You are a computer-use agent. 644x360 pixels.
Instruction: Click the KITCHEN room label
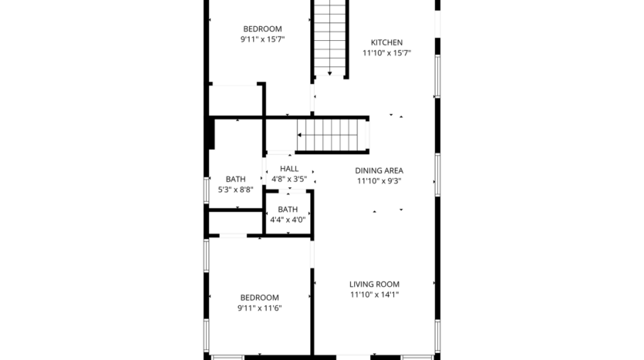(386, 42)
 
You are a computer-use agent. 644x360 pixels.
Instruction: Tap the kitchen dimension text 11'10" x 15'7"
(386, 53)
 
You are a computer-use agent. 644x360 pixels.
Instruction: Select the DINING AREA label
(379, 170)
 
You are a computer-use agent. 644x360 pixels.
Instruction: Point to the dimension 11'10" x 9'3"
(379, 181)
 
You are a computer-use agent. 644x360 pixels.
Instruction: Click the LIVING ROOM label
(375, 284)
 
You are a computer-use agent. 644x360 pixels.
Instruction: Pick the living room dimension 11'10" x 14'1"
(375, 294)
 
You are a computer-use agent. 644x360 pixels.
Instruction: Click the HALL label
(289, 169)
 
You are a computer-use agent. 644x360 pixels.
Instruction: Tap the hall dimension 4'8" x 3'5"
(289, 179)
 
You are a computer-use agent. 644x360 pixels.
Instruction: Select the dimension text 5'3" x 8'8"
(236, 189)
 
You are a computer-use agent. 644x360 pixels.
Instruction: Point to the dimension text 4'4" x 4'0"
(288, 220)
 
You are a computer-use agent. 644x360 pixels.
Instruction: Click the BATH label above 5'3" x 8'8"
(236, 179)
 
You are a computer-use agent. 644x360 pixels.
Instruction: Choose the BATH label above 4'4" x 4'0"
(288, 209)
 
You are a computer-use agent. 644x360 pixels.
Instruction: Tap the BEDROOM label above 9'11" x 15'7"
(262, 29)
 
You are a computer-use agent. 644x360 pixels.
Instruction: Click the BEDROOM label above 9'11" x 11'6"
(259, 298)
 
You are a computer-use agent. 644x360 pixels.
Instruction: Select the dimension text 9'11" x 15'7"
(262, 39)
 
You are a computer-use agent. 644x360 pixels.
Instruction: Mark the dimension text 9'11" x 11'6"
(259, 308)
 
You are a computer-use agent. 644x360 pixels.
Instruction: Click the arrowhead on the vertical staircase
(330, 73)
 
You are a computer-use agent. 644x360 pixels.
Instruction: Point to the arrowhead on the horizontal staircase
(300, 135)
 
